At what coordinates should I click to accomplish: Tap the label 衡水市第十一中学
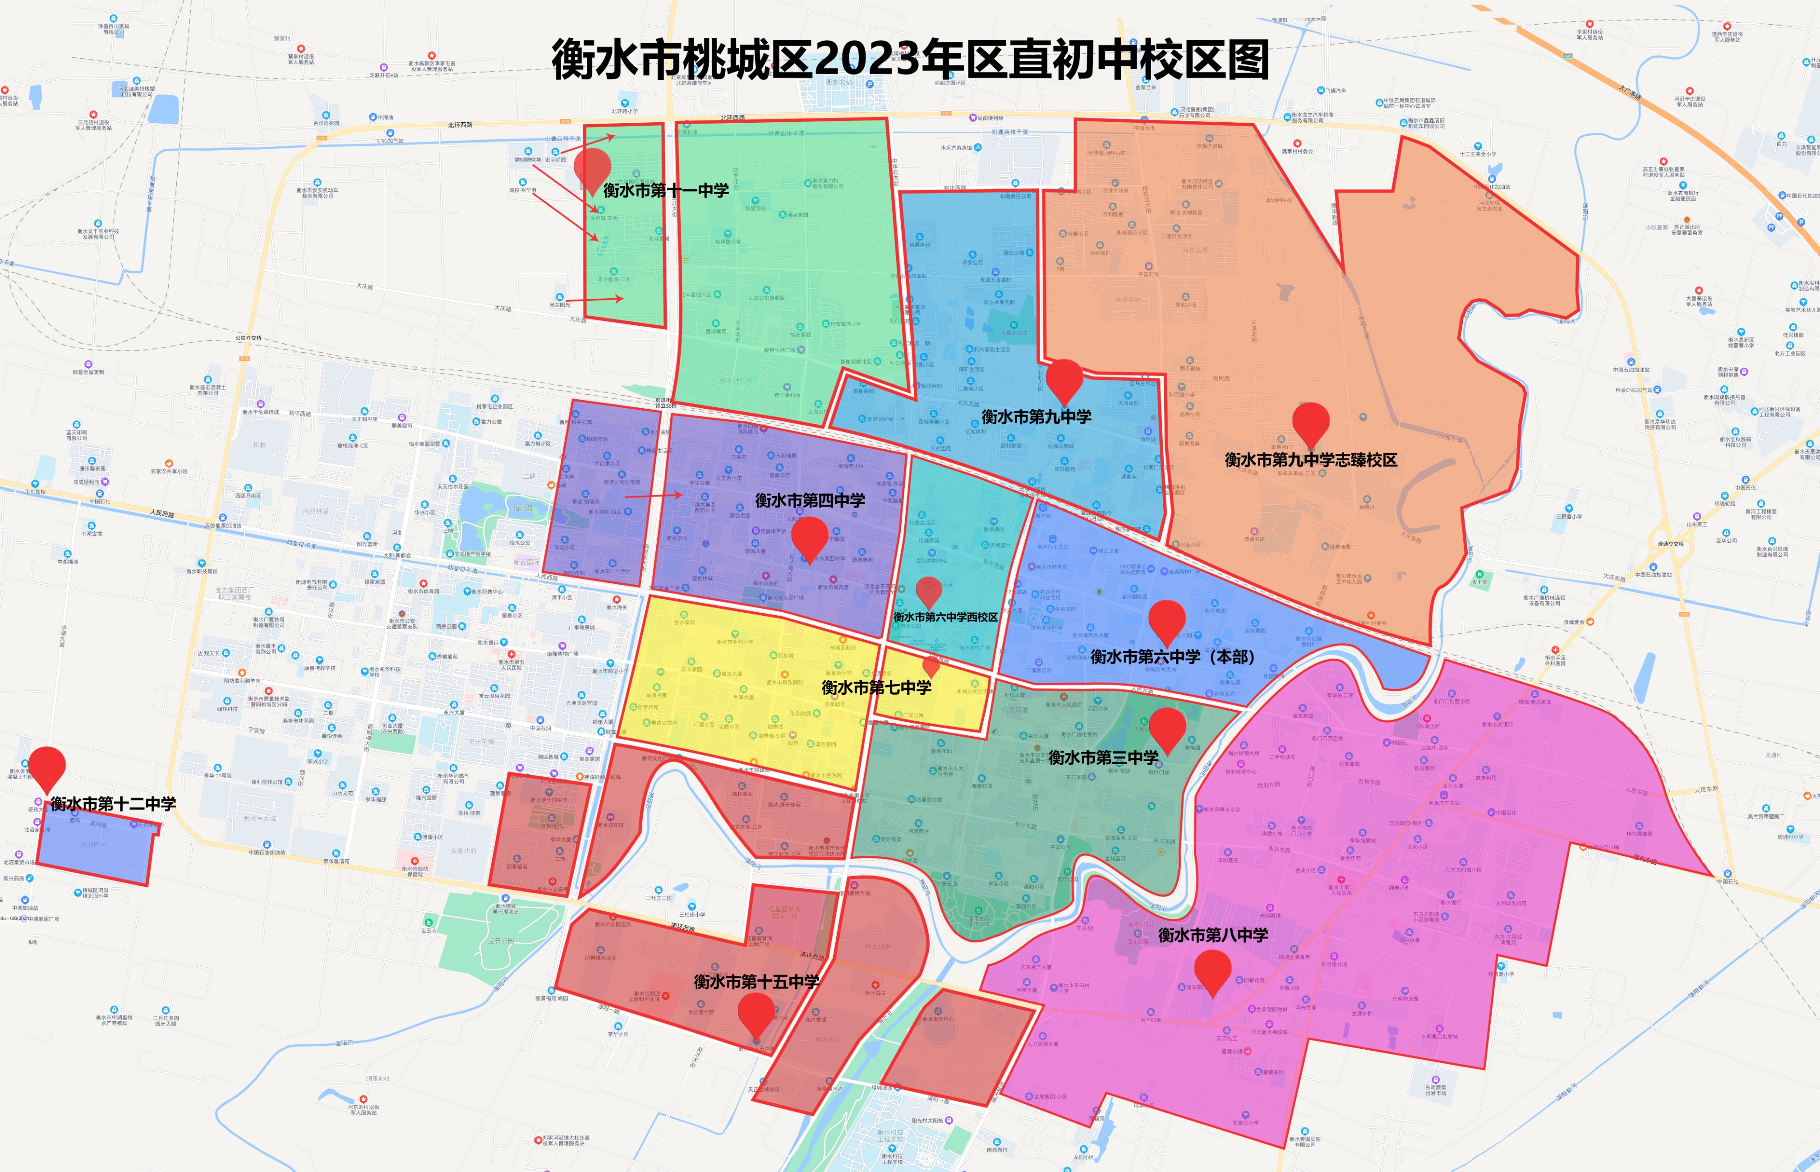click(666, 190)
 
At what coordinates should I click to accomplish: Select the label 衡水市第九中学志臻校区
click(1310, 460)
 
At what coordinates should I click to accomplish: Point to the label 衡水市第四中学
click(810, 500)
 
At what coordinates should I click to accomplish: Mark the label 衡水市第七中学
click(876, 687)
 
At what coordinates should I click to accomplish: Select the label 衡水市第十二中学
click(113, 803)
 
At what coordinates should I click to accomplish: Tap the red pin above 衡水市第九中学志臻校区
click(1310, 422)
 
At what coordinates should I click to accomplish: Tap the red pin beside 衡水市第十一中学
click(592, 169)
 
